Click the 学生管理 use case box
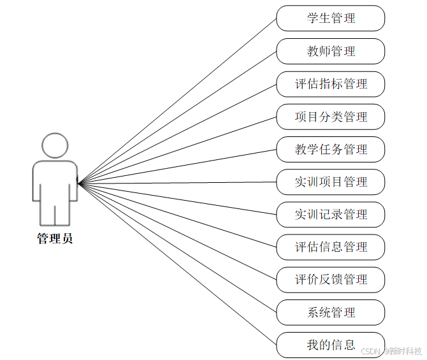(x=331, y=18)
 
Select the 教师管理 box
(x=331, y=51)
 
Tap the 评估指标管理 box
(x=331, y=83)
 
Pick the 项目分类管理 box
(x=331, y=117)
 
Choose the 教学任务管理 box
(x=331, y=149)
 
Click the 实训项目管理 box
(x=331, y=182)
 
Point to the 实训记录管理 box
(x=331, y=214)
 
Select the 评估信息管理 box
(x=331, y=247)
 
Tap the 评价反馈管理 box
(x=331, y=279)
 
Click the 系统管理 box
(x=331, y=312)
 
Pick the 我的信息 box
(x=331, y=345)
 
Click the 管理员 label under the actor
(x=55, y=239)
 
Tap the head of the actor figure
(x=55, y=145)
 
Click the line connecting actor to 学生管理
(x=177, y=101)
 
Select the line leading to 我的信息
(x=177, y=264)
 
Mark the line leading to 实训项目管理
(x=177, y=182)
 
